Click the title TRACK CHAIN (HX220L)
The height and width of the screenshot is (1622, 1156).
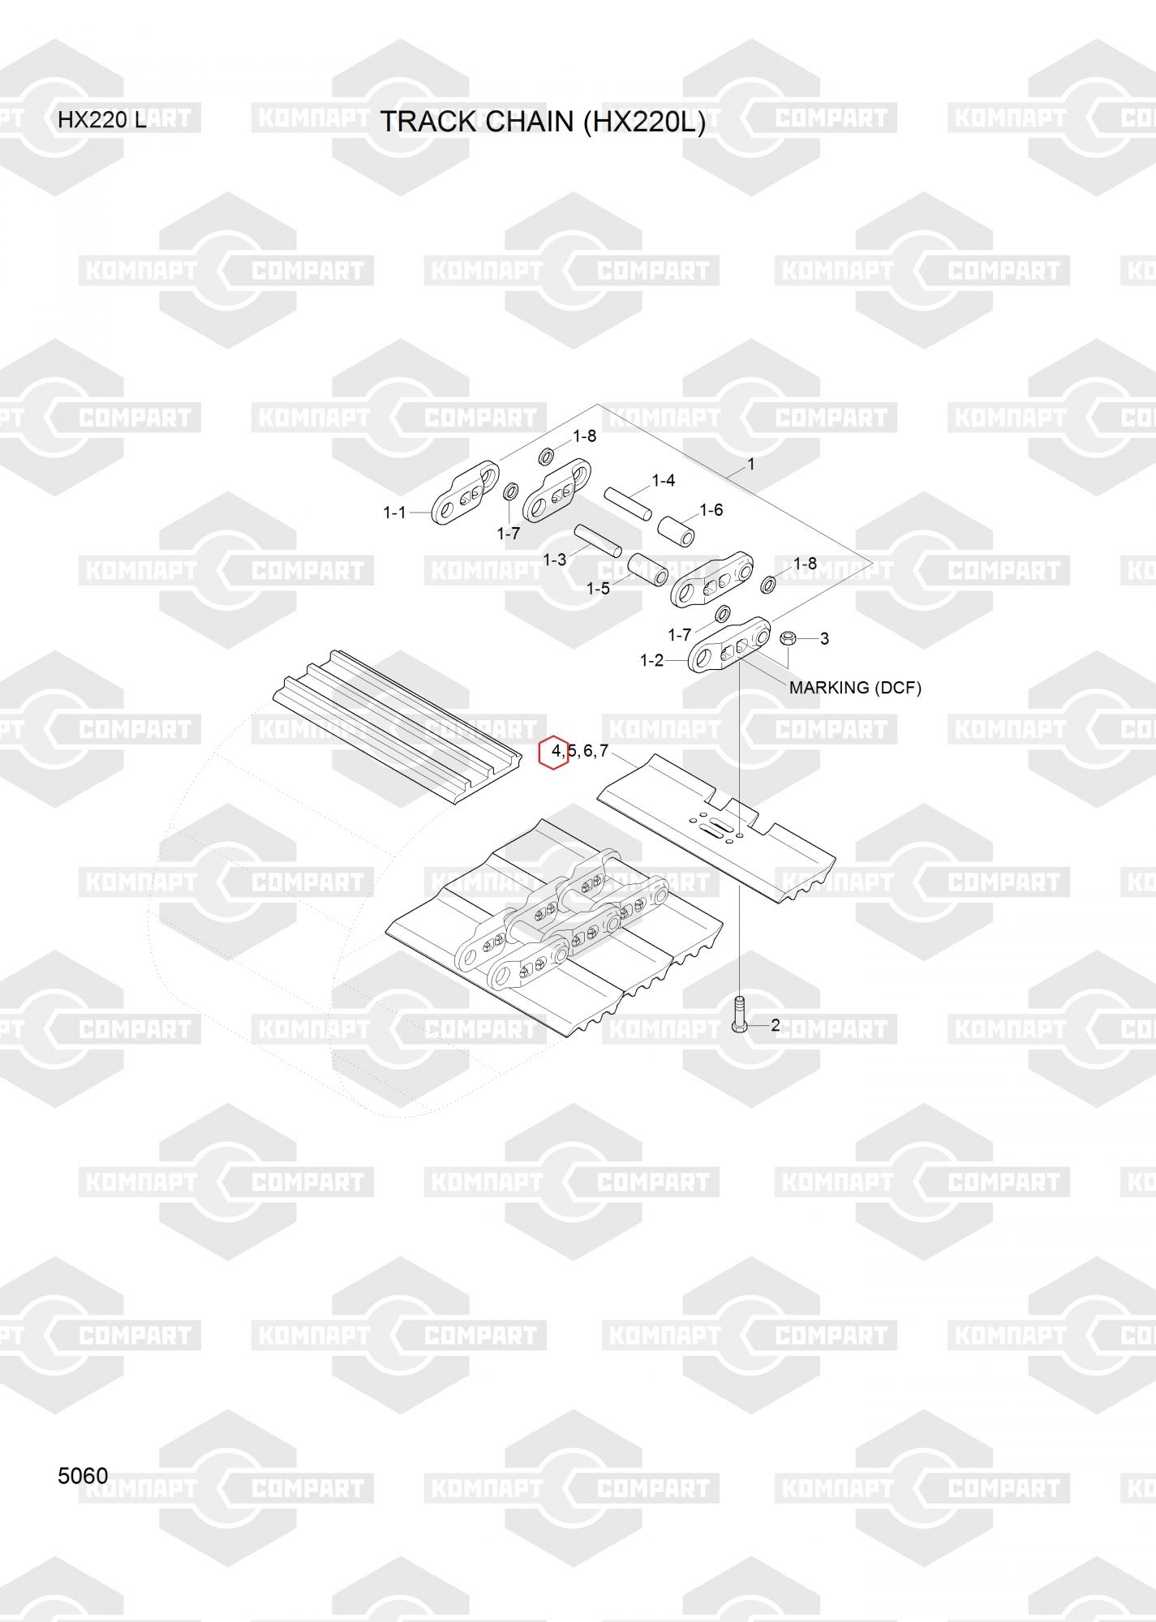click(543, 122)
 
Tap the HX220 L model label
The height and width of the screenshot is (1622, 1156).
click(102, 121)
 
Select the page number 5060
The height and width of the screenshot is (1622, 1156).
click(83, 1475)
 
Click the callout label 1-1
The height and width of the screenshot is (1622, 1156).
click(394, 513)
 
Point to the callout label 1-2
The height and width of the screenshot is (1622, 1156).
click(652, 661)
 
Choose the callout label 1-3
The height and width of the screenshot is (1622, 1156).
click(555, 560)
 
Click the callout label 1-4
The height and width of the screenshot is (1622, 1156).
click(664, 481)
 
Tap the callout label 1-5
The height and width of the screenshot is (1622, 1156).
click(599, 589)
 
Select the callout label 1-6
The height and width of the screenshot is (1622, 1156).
click(711, 510)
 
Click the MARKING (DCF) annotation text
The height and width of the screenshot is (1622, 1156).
click(855, 688)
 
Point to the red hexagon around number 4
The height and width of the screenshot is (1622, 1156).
click(554, 753)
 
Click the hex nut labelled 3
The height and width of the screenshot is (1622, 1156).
click(786, 638)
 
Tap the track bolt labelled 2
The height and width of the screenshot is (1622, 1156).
click(739, 1014)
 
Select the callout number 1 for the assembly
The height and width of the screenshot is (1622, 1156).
click(751, 465)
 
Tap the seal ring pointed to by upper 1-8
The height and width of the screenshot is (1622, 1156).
click(548, 456)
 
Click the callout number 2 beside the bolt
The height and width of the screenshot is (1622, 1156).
click(776, 1025)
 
